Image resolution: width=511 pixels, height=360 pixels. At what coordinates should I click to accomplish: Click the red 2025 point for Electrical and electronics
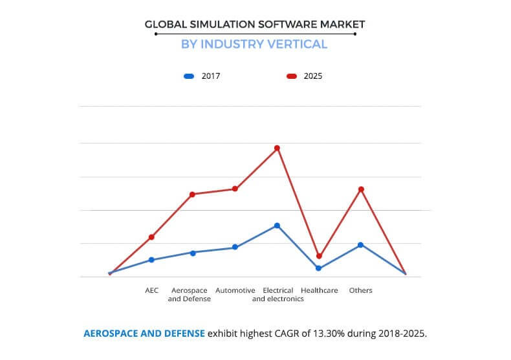277,148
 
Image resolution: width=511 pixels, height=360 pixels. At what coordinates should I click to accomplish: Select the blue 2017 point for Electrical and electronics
277,226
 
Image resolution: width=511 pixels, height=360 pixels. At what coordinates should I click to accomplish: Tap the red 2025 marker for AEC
151,237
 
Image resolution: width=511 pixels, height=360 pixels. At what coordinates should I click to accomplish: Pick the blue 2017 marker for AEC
151,260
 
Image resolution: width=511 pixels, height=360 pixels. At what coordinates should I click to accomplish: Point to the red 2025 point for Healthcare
319,257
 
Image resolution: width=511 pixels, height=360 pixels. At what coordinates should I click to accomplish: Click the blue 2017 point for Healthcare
319,268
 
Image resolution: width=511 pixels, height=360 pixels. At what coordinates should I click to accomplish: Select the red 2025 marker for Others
361,189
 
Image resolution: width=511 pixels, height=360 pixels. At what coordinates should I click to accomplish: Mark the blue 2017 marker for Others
361,245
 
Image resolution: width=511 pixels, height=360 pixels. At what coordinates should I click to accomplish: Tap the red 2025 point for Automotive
235,189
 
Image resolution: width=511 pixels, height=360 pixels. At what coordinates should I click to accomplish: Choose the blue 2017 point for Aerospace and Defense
193,253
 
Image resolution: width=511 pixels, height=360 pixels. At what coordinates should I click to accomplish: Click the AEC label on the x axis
151,291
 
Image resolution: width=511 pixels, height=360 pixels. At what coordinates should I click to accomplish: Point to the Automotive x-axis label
235,291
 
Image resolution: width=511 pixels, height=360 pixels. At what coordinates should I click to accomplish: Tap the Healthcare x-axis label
319,291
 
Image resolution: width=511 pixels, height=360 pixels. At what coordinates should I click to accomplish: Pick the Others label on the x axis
361,291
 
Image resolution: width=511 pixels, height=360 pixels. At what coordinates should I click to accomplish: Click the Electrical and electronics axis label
277,295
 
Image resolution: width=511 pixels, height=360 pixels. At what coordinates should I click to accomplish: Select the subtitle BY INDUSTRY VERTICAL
255,45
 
